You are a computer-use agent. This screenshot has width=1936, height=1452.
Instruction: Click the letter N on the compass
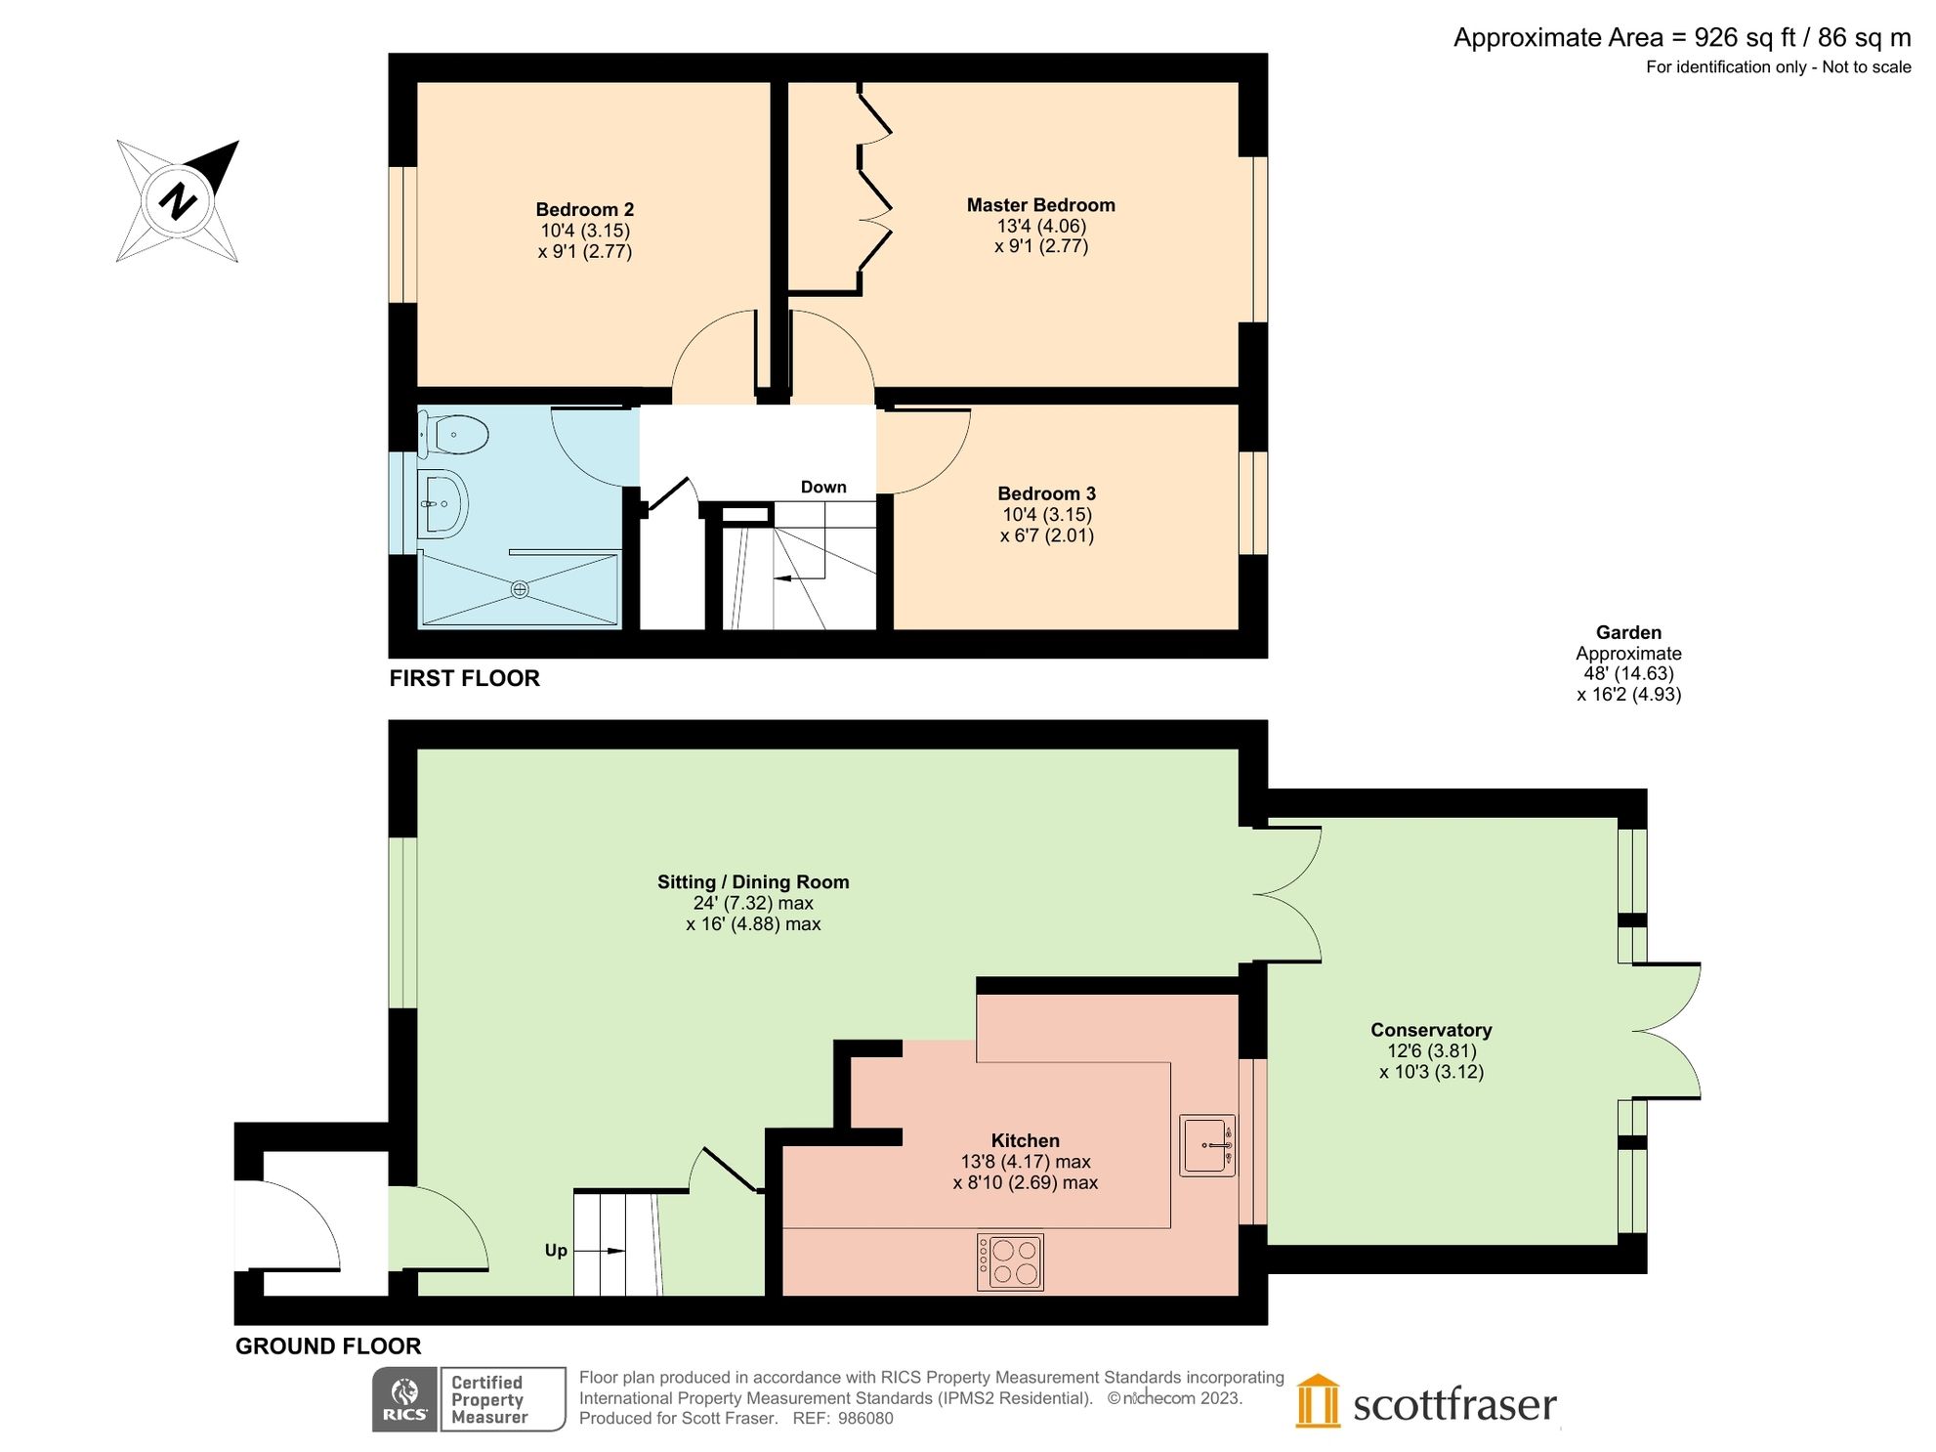pos(178,201)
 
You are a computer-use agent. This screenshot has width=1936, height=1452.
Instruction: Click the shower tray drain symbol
pos(520,589)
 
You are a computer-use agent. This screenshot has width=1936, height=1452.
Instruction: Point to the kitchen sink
pos(1207,1145)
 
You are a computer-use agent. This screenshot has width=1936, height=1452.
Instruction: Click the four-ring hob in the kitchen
pos(1011,1262)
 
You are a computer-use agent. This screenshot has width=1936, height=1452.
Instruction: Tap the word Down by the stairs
pos(822,487)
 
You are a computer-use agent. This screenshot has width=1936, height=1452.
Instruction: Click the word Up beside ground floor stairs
pos(556,1251)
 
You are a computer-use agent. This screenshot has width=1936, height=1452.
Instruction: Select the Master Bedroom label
pos(1040,205)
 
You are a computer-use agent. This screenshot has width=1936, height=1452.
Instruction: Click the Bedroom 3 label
pos(1046,493)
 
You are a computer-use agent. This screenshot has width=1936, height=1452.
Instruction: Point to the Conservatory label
pos(1431,1030)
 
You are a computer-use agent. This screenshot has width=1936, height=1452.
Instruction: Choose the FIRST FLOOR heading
pos(464,678)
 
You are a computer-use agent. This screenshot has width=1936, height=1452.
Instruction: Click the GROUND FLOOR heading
pos(328,1346)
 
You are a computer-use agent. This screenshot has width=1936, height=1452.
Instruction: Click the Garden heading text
pos(1628,632)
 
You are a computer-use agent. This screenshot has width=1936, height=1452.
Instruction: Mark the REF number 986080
pos(864,1419)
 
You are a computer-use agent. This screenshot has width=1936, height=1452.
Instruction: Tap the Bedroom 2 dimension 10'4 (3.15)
pos(585,231)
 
